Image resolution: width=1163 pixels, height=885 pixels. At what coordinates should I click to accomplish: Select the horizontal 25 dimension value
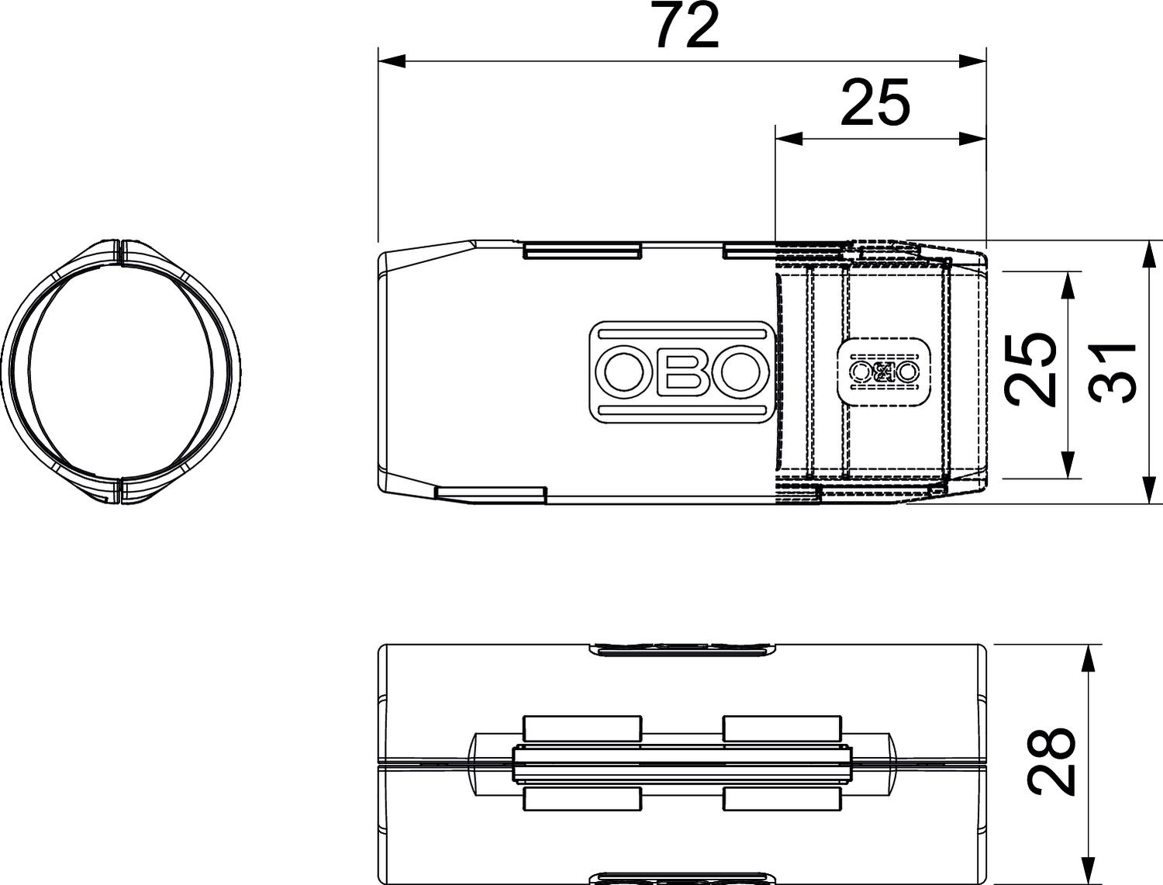point(875,102)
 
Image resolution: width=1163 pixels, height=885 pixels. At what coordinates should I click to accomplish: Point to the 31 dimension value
point(1113,372)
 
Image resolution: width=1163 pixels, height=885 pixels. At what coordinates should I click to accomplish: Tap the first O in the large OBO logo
point(624,372)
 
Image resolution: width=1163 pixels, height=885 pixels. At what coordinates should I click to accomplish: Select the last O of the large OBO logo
point(740,372)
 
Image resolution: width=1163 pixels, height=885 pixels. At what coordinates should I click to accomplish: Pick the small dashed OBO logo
point(883,372)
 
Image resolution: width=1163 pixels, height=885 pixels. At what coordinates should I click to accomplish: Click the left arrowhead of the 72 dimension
point(392,61)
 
